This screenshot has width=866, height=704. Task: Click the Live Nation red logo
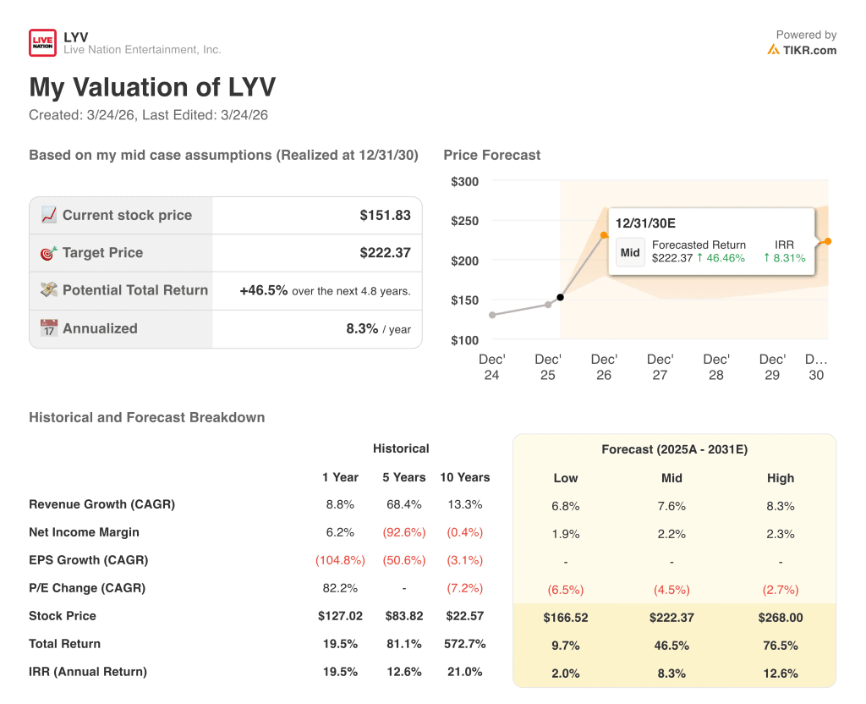pyautogui.click(x=42, y=43)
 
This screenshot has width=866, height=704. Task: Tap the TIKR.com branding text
pyautogui.click(x=809, y=50)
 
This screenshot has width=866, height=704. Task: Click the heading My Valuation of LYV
pyautogui.click(x=152, y=88)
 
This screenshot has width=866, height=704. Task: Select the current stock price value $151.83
pyautogui.click(x=385, y=216)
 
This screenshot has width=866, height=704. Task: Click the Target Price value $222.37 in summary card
pyautogui.click(x=385, y=253)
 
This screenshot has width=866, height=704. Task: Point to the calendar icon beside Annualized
pyautogui.click(x=49, y=328)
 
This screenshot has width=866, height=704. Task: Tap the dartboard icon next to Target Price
pyautogui.click(x=49, y=253)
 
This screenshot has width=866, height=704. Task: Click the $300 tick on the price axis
pyautogui.click(x=464, y=182)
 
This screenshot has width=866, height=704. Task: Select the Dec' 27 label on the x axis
pyautogui.click(x=660, y=367)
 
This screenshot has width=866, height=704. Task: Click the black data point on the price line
pyautogui.click(x=560, y=297)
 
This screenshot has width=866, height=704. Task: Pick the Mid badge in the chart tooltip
pyautogui.click(x=630, y=252)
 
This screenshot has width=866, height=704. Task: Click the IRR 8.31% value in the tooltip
pyautogui.click(x=784, y=258)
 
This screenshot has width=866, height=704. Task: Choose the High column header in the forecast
pyautogui.click(x=780, y=478)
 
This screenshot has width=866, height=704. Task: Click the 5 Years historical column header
pyautogui.click(x=403, y=477)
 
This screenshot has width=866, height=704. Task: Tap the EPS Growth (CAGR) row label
pyautogui.click(x=88, y=560)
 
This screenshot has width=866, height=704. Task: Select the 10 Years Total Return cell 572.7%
pyautogui.click(x=463, y=644)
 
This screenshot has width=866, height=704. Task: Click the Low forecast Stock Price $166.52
pyautogui.click(x=565, y=618)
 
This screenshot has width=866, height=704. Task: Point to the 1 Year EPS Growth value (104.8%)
pyautogui.click(x=340, y=560)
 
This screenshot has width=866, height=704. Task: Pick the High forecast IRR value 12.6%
pyautogui.click(x=780, y=674)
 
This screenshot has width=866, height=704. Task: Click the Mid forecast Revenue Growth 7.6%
pyautogui.click(x=671, y=506)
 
